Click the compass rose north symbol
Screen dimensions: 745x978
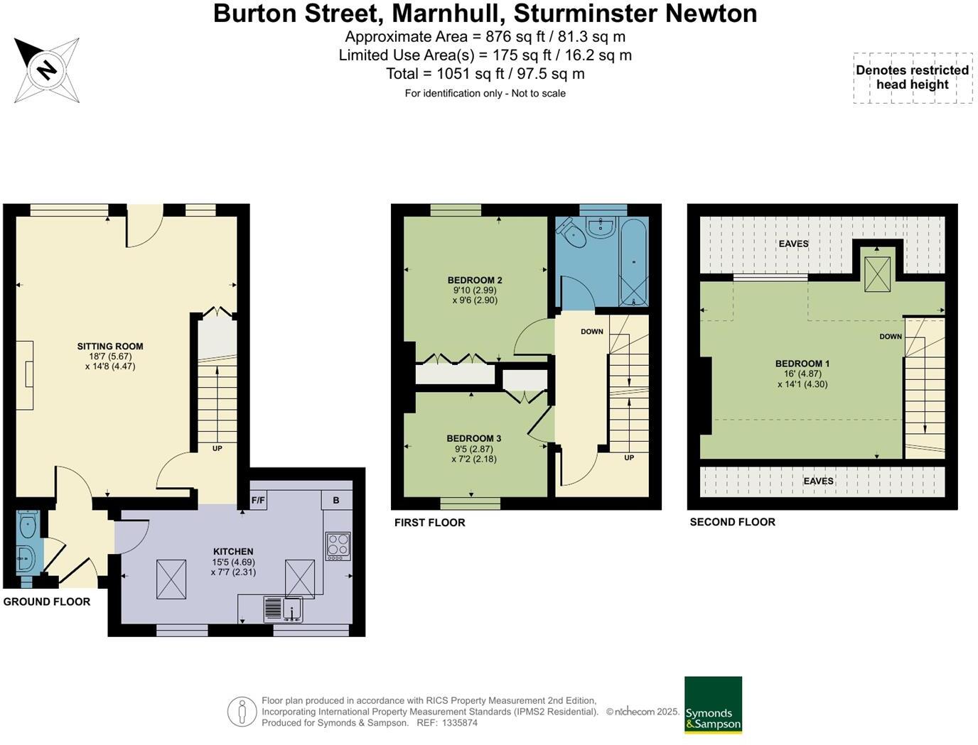click(46, 70)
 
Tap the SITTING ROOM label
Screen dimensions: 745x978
click(110, 347)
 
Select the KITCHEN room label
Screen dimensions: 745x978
click(233, 551)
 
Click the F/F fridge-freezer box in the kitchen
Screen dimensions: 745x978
click(258, 500)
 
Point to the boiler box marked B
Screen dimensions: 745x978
click(336, 500)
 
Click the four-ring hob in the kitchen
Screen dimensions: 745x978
click(338, 546)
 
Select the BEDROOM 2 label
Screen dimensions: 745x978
click(475, 280)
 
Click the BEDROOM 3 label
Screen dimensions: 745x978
click(473, 438)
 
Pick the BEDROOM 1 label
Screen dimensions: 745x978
click(802, 364)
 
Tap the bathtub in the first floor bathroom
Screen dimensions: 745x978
click(633, 262)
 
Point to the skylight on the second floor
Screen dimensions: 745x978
click(877, 273)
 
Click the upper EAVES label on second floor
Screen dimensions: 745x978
click(793, 244)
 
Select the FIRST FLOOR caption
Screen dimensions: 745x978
click(429, 523)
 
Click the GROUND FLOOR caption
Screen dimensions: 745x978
click(47, 602)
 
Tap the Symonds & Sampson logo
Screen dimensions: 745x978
click(713, 705)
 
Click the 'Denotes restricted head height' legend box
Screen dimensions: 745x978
click(913, 77)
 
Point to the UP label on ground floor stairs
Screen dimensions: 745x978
click(217, 448)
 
